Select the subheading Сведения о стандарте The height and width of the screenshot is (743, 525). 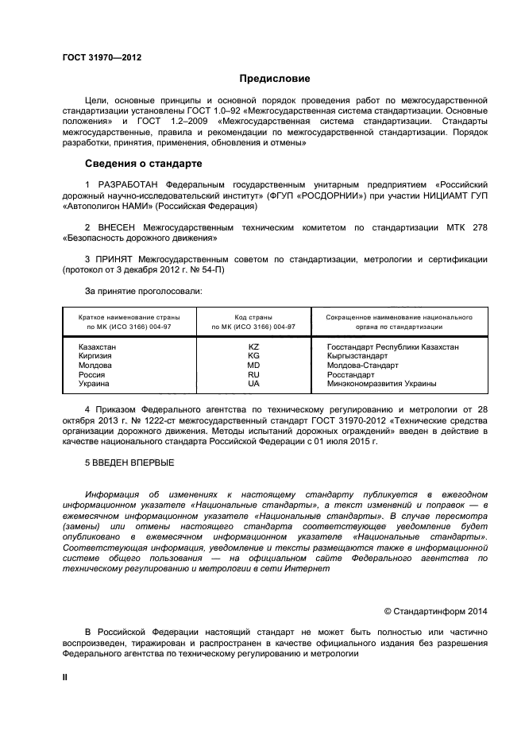click(143, 164)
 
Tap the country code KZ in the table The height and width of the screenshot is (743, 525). click(254, 347)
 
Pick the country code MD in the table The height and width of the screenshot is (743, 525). click(254, 366)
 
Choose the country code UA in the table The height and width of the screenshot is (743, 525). click(254, 384)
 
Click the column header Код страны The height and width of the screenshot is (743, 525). click(254, 316)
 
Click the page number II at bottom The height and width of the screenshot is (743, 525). click(66, 676)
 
